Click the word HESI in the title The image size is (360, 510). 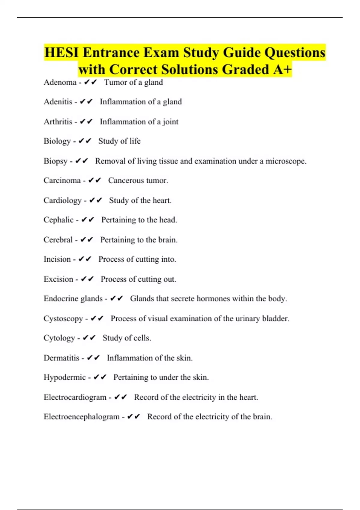[x=61, y=53]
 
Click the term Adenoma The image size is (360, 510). [x=60, y=82]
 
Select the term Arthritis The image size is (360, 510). [x=58, y=121]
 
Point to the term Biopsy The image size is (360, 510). [x=55, y=161]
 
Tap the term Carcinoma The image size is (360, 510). [x=62, y=180]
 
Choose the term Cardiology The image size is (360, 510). [x=62, y=200]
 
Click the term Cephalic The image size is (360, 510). [x=58, y=220]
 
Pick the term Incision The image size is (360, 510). [x=57, y=259]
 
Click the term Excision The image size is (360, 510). [x=58, y=279]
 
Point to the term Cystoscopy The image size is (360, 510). [x=63, y=319]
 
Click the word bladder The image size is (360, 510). [x=275, y=318]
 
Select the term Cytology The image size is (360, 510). [x=59, y=338]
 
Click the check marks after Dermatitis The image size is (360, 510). [x=93, y=358]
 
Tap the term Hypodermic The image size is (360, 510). [x=64, y=377]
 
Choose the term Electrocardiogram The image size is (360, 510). [x=75, y=397]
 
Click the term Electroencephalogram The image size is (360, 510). [x=82, y=417]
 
